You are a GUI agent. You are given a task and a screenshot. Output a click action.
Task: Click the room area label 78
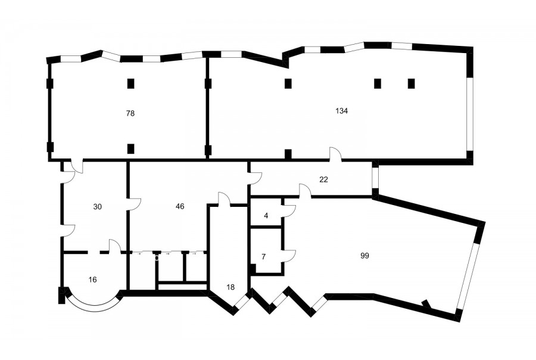tap(130, 113)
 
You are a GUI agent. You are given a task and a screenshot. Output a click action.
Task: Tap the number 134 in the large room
tap(341, 111)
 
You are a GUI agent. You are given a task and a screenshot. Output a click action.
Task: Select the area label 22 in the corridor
tap(324, 179)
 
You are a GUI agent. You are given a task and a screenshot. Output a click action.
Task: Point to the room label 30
tap(98, 207)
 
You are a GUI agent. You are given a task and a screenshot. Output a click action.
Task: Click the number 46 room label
tap(180, 206)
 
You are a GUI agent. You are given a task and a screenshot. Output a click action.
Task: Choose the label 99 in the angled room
tap(364, 256)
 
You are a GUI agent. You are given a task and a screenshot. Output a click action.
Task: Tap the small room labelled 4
tap(266, 216)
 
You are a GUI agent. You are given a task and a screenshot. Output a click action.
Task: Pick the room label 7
tap(263, 257)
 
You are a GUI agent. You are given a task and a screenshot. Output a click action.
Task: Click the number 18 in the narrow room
tap(230, 287)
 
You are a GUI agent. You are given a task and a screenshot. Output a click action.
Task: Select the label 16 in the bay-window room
tap(93, 280)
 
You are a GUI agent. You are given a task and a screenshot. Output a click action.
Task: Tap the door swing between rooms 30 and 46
tap(134, 204)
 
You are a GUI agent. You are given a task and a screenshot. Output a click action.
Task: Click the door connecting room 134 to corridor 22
tap(335, 153)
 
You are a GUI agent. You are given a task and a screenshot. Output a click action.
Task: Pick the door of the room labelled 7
tap(289, 256)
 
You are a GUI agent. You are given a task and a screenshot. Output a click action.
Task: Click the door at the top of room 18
tap(225, 199)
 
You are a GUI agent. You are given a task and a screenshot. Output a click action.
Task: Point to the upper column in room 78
tap(130, 83)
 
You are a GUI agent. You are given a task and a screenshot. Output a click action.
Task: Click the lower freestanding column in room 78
tap(130, 148)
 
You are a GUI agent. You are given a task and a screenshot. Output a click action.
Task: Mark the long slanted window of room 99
tap(468, 276)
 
